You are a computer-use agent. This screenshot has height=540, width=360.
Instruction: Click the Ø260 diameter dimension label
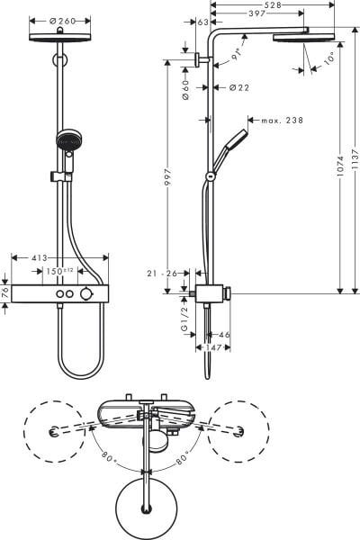pyautogui.click(x=62, y=21)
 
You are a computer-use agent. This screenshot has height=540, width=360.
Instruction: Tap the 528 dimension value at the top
pyautogui.click(x=272, y=4)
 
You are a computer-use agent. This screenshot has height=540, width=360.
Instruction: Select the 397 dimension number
pyautogui.click(x=256, y=13)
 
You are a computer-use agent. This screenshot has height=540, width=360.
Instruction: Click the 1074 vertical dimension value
pyautogui.click(x=340, y=166)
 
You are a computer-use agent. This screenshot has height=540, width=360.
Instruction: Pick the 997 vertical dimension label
pyautogui.click(x=167, y=177)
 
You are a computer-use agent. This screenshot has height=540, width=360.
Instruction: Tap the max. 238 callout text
pyautogui.click(x=282, y=121)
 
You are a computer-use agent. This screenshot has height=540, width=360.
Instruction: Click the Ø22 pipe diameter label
pyautogui.click(x=239, y=88)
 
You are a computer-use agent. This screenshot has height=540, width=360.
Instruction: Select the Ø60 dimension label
pyautogui.click(x=185, y=90)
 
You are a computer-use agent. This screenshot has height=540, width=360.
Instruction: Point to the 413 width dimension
pyautogui.click(x=40, y=257)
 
